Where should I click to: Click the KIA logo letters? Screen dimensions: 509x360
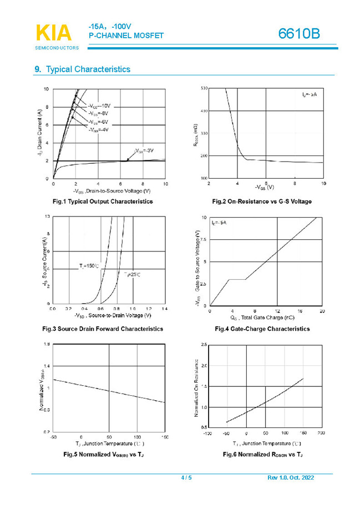click(54, 33)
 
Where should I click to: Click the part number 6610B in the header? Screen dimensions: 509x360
click(300, 34)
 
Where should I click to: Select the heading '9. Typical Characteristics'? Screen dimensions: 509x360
click(83, 69)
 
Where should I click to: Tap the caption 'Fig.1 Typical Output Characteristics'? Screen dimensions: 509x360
click(103, 201)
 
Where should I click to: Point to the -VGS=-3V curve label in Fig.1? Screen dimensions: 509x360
click(144, 150)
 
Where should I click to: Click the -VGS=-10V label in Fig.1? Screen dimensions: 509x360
click(99, 105)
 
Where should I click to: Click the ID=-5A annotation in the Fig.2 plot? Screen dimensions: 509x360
click(310, 95)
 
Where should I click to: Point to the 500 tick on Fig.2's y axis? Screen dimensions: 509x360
click(204, 89)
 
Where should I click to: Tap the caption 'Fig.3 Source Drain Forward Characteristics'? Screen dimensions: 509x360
click(103, 329)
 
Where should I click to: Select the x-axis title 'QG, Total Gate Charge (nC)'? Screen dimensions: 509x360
click(262, 318)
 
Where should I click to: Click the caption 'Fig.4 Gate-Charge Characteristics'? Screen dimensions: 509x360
click(262, 329)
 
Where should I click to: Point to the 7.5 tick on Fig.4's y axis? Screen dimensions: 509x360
click(203, 240)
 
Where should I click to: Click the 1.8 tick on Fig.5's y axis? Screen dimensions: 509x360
click(46, 345)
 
